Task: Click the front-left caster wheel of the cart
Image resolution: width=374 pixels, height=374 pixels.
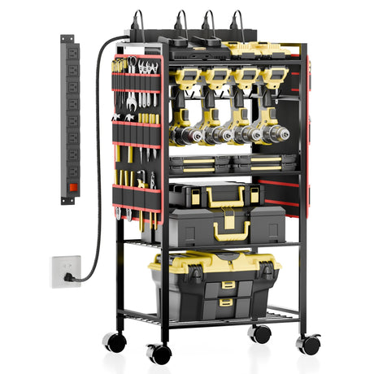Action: pos(159,353)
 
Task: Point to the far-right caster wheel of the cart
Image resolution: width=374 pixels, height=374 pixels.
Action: pos(308,343)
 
